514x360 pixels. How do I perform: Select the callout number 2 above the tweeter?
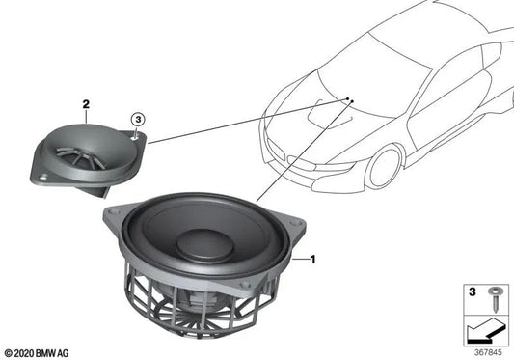click(x=86, y=102)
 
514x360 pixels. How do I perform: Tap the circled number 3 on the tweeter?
click(x=139, y=120)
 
